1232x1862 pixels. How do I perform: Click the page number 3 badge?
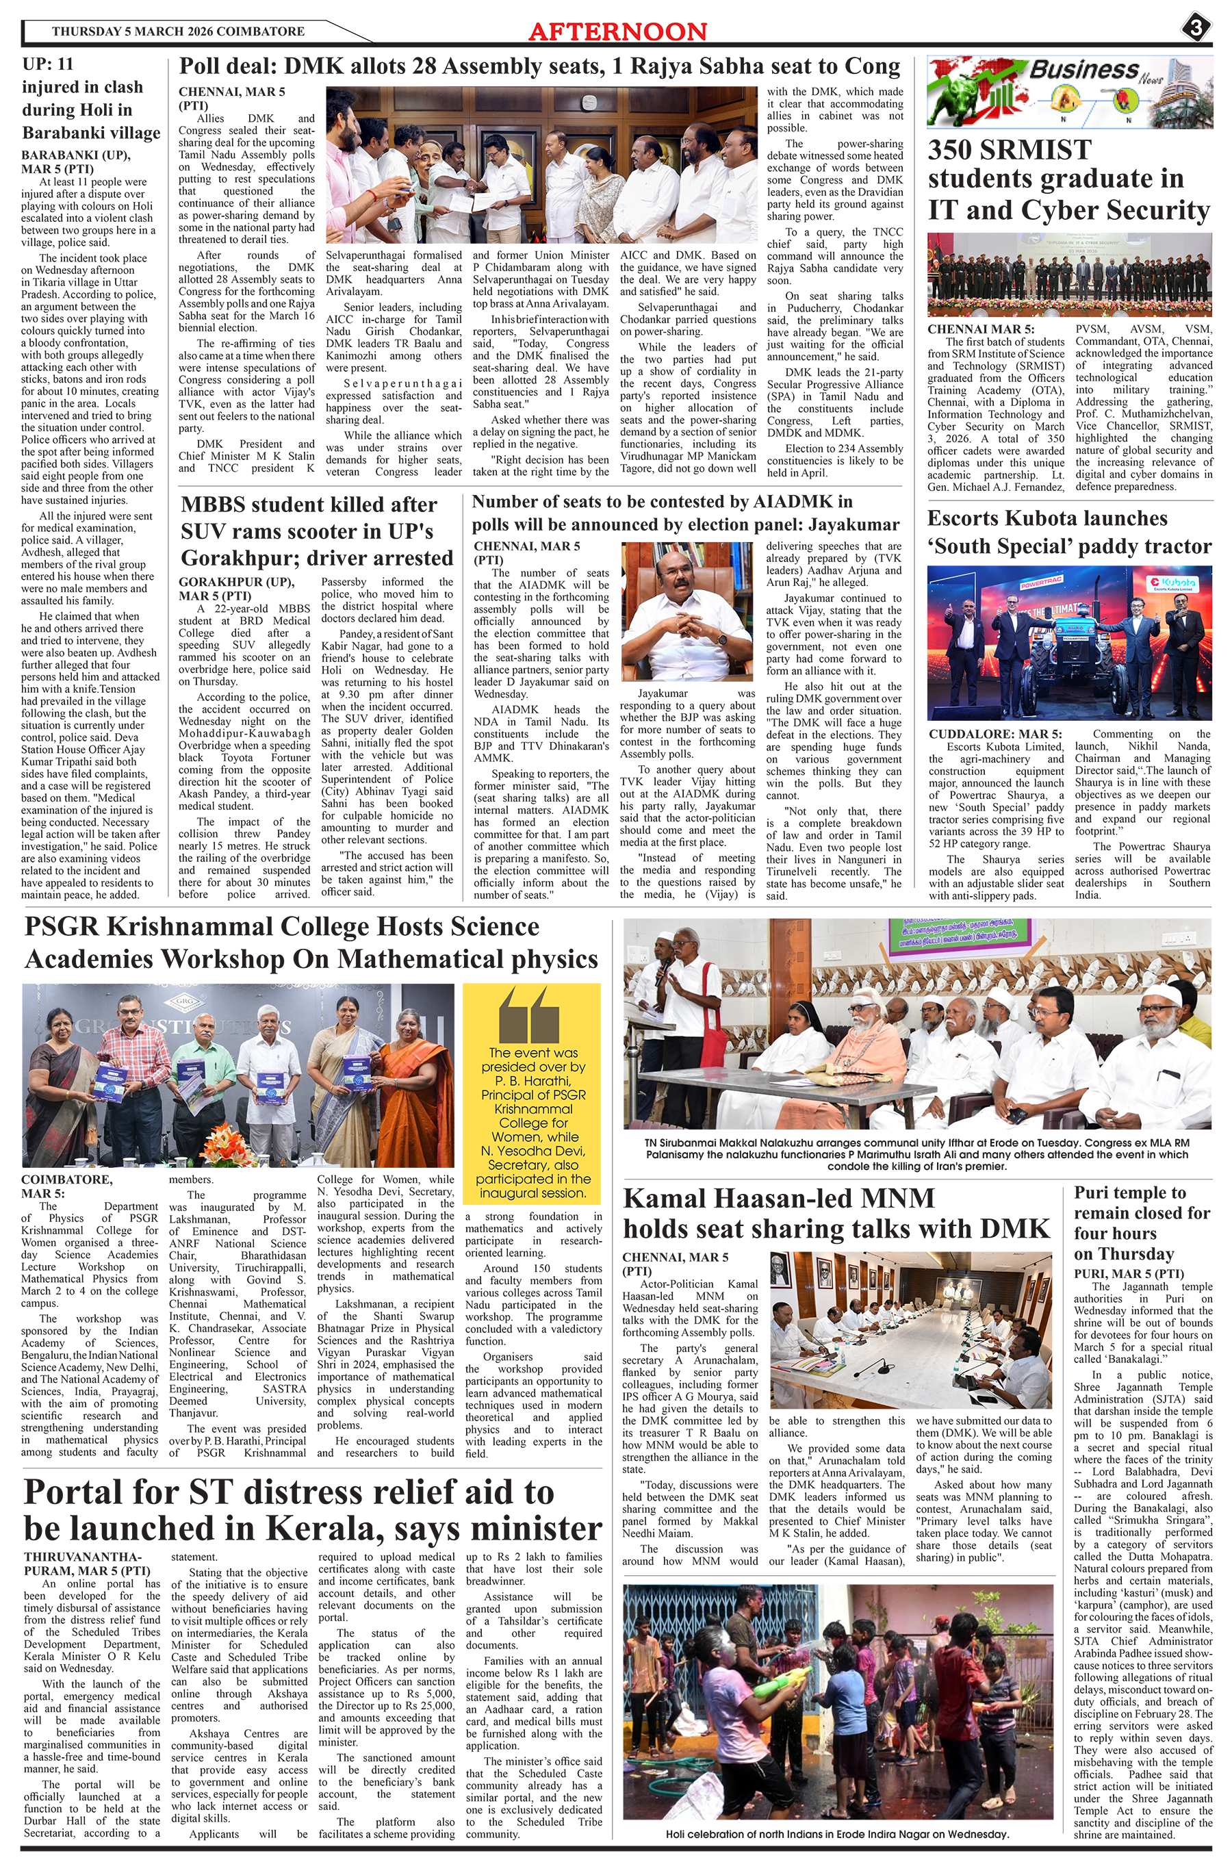1196,28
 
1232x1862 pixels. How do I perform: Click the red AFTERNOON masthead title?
617,31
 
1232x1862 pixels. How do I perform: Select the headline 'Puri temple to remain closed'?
1142,1223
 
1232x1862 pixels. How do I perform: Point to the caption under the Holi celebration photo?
837,1834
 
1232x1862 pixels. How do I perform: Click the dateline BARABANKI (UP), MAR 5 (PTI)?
75,162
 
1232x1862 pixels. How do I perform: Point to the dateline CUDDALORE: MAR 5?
994,734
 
